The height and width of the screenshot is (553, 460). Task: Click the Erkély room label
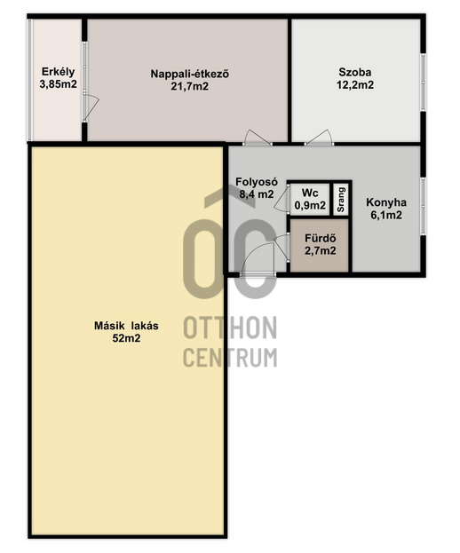(x=59, y=72)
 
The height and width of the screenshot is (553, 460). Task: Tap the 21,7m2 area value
(x=190, y=86)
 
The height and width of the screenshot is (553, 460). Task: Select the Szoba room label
(x=355, y=72)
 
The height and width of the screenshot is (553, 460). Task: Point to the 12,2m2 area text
(x=355, y=85)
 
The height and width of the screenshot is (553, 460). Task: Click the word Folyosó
(x=257, y=182)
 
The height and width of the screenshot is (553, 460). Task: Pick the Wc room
(x=310, y=199)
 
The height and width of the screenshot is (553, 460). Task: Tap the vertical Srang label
(x=341, y=199)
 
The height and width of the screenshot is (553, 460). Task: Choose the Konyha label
(x=386, y=202)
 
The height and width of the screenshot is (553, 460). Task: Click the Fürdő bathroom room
(x=320, y=245)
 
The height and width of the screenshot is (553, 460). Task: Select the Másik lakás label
(x=126, y=326)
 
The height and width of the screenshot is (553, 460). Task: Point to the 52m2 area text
(x=126, y=338)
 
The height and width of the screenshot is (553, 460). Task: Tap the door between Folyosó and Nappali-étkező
(x=258, y=138)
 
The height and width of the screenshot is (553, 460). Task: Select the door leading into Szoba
(x=319, y=138)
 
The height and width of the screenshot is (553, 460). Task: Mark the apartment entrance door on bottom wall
(x=258, y=259)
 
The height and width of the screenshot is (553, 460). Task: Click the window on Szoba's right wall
(x=424, y=83)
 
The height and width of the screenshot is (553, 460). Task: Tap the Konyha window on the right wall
(x=424, y=207)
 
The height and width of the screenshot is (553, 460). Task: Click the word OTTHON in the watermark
(x=230, y=328)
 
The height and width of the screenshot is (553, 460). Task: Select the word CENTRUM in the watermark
(x=230, y=357)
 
